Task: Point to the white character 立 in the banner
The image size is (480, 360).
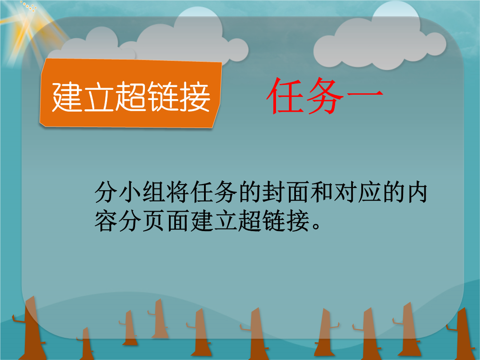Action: click(99, 97)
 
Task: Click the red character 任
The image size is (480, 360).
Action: click(285, 96)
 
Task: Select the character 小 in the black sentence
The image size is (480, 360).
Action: click(130, 192)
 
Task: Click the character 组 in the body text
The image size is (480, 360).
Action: click(154, 192)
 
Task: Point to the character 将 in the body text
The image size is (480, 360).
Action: click(178, 192)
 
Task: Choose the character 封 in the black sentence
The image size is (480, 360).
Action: click(274, 192)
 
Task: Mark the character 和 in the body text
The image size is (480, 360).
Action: click(321, 192)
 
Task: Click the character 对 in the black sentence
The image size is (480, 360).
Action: click(345, 192)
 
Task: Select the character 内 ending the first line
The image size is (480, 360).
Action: click(417, 192)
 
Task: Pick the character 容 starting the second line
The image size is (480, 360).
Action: click(106, 220)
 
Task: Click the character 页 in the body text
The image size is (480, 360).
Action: click(154, 220)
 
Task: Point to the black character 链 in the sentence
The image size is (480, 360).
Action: click(274, 220)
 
